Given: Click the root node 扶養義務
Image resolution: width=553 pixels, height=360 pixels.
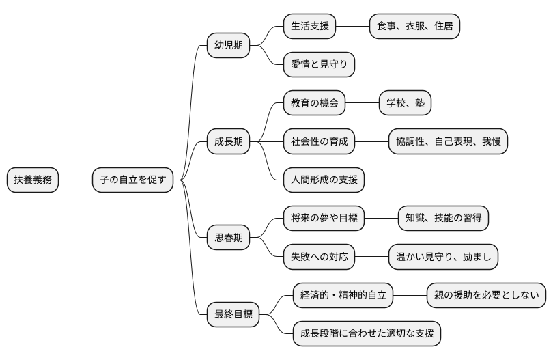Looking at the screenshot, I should pos(33,180).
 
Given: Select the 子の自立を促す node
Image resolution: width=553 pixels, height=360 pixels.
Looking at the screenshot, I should pos(132,180).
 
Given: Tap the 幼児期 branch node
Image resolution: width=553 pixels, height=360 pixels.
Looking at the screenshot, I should pos(229,46).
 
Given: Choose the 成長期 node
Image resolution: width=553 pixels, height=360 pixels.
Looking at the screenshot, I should pos(229,142).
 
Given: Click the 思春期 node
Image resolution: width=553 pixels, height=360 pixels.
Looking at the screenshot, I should pos(229,238).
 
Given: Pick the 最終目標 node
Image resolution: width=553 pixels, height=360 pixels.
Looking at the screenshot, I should pos(233,315).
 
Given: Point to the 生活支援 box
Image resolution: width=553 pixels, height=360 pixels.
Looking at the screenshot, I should pos(310,27).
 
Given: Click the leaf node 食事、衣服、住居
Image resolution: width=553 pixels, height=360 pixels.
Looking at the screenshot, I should pos(414,27).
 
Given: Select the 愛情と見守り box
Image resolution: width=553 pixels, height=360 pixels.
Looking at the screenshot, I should pos(319,65).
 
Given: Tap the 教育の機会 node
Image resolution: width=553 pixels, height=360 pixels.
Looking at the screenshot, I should pos(315,103).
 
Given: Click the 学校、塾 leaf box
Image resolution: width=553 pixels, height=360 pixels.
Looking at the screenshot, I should pos(406,103).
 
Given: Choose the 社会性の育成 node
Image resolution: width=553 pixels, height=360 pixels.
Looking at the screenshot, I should pos(320,141).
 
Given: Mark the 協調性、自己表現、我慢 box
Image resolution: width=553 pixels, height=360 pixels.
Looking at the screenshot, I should pos(448,141).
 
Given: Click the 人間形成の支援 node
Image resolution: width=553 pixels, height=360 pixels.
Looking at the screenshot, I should pos(324,180).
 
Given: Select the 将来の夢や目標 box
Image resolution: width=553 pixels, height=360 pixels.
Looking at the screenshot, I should pos(324,219).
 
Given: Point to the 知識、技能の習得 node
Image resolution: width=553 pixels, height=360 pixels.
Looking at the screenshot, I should pos(443,219).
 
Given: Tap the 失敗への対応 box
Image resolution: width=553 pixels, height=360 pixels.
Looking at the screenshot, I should pos(320,257).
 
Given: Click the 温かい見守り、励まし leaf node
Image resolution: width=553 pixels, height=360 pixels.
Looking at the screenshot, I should pos(443,257).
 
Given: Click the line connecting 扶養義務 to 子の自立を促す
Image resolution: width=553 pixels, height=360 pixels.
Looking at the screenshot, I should pos(75,180).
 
